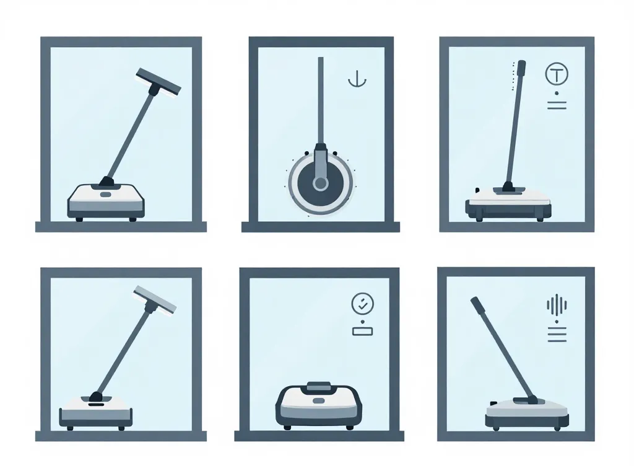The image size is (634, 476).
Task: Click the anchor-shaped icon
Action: (x=353, y=80)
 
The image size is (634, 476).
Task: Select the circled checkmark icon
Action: (x=362, y=304)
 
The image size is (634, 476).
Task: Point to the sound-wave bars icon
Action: (x=557, y=306)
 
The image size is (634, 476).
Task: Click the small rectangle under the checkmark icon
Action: (x=362, y=331)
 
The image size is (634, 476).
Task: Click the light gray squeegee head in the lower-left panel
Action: (x=155, y=299)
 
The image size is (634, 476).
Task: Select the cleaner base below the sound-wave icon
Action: (x=526, y=413)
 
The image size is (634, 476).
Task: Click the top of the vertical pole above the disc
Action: (x=320, y=61)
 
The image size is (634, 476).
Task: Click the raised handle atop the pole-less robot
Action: (x=318, y=386)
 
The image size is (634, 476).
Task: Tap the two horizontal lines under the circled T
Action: (x=557, y=104)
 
